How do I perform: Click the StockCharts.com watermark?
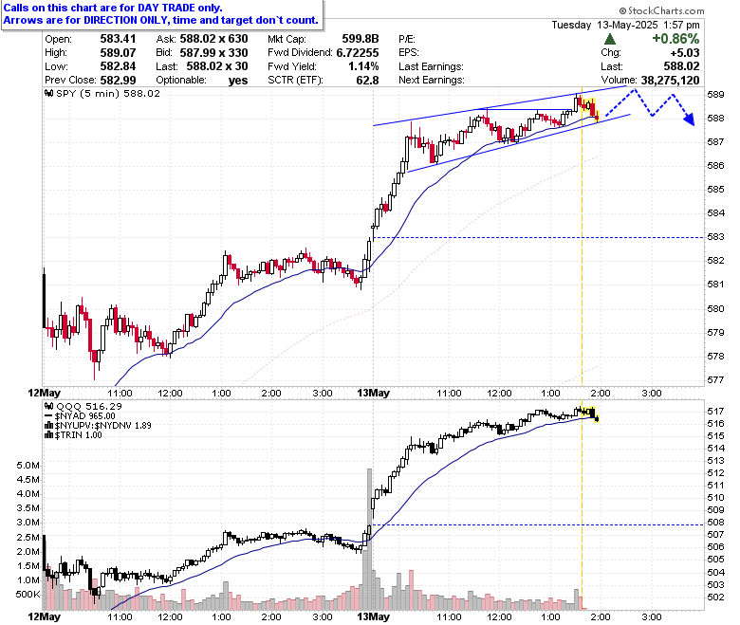[661, 10]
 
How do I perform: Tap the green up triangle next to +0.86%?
[610, 39]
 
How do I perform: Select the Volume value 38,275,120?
[670, 81]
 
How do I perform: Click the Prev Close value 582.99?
[118, 81]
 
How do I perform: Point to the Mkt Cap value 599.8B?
[361, 39]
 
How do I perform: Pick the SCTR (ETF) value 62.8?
[368, 81]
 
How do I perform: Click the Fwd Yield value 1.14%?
[364, 66]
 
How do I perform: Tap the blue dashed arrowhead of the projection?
[690, 119]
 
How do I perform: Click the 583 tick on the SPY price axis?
[715, 237]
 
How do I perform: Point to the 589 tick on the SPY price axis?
[715, 94]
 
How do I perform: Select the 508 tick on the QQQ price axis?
[715, 523]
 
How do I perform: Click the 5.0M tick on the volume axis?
[28, 466]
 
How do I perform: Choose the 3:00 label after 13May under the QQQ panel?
[652, 616]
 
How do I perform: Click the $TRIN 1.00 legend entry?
[73, 435]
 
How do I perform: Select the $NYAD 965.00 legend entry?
[80, 416]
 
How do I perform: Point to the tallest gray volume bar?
[370, 539]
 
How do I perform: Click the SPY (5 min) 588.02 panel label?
[102, 93]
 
